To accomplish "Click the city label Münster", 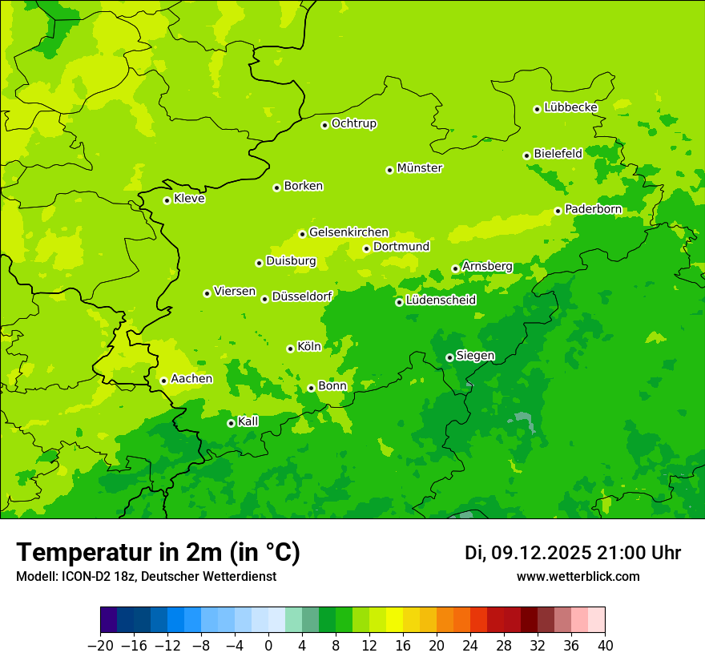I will tap(420, 168).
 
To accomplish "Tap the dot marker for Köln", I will tap(290, 349).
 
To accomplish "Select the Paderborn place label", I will tap(593, 209).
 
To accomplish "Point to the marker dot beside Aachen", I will tap(163, 381).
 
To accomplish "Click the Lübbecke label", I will tap(570, 107).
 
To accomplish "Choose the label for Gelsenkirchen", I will tap(348, 232).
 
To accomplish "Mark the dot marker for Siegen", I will tap(449, 357).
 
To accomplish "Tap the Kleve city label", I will tap(189, 199).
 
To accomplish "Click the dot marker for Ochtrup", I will tap(324, 124).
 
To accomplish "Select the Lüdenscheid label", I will tap(441, 300).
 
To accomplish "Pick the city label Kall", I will tap(248, 421).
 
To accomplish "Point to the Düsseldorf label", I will tap(302, 296).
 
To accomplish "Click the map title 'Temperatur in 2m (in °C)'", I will tap(158, 553).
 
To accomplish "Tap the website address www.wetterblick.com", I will tap(578, 577).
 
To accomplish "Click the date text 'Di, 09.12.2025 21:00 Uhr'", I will tap(573, 553).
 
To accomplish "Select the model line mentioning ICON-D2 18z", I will tap(146, 577).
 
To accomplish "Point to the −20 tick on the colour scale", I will tap(100, 646).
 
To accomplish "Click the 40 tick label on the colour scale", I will tap(605, 646).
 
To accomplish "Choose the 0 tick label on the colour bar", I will tap(268, 646).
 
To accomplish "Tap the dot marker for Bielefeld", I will tap(526, 155).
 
